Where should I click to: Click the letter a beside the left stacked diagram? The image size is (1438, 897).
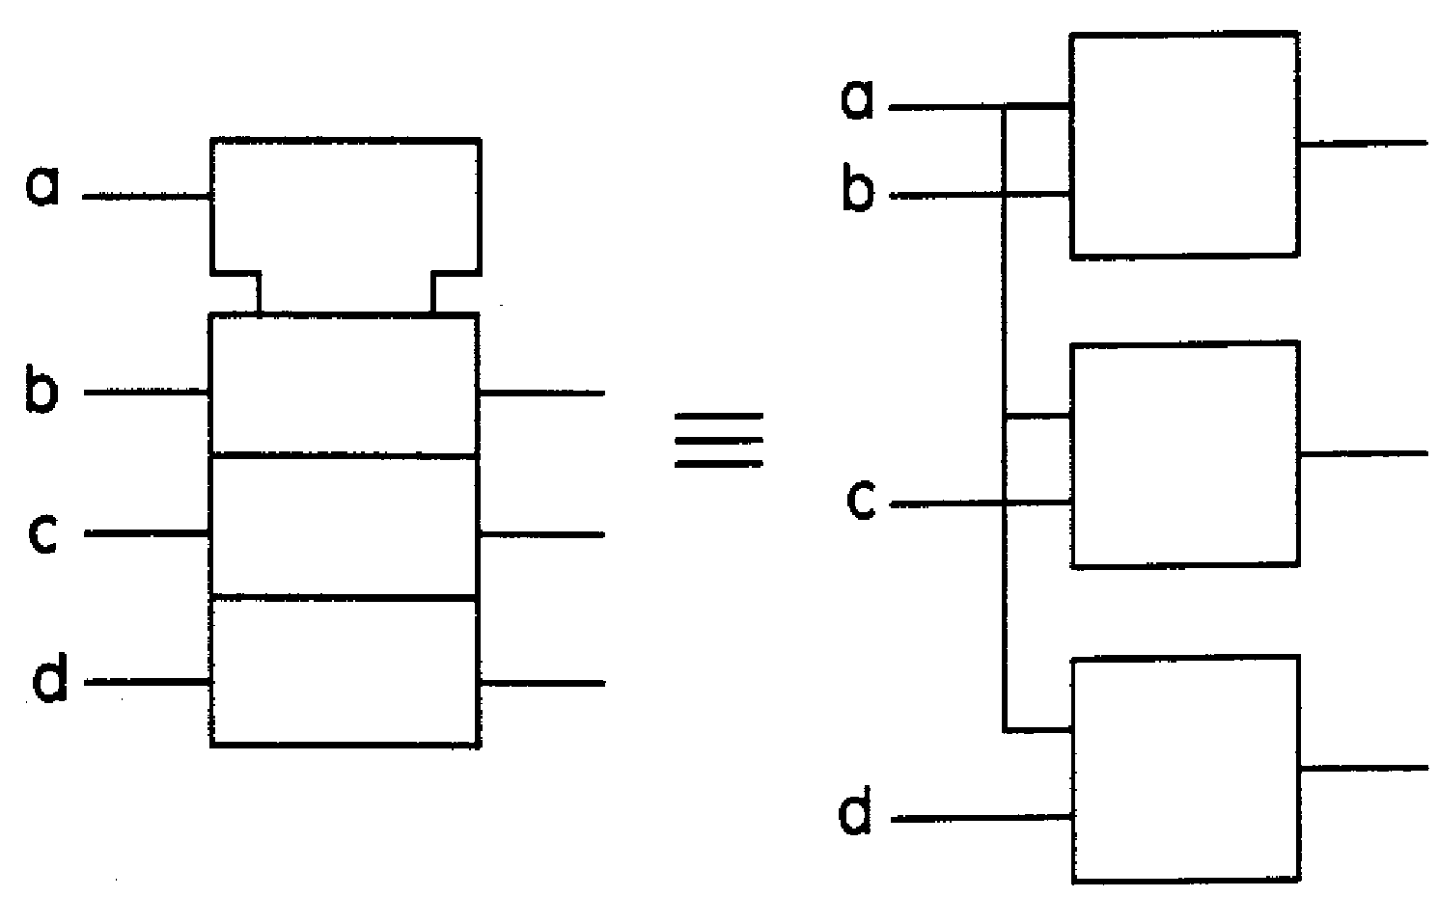tap(42, 187)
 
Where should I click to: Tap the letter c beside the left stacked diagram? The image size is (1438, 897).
tap(43, 534)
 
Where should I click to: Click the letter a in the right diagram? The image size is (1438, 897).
tap(857, 100)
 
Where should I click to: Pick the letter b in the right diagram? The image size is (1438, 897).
tap(857, 190)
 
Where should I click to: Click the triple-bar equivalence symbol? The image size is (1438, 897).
tap(719, 440)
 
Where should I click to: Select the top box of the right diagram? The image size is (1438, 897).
tap(1184, 146)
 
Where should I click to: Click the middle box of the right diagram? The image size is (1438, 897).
tap(1184, 453)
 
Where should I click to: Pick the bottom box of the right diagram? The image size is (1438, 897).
tap(1186, 769)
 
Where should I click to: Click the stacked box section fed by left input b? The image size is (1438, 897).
tap(345, 384)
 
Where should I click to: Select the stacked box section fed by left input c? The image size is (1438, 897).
tap(345, 528)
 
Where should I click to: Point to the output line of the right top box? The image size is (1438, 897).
tap(1363, 144)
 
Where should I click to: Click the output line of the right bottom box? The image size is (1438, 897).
tap(1363, 768)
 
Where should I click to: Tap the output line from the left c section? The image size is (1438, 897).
tap(541, 533)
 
